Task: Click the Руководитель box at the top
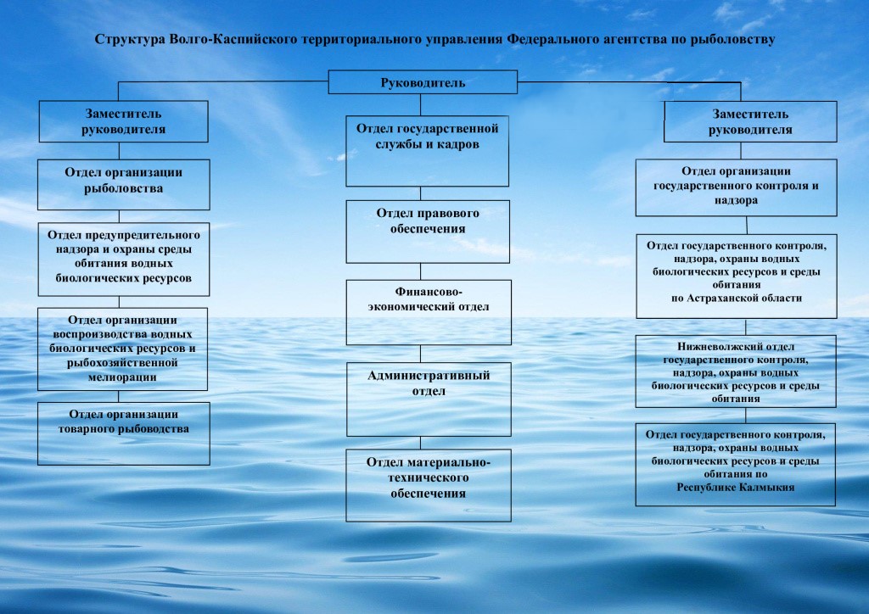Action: tap(423, 82)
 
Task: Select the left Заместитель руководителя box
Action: tap(123, 121)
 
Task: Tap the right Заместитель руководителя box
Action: tap(750, 121)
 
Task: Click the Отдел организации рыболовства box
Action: tap(123, 184)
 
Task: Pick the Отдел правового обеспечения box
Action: tap(428, 231)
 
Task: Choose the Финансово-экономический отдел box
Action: tap(428, 311)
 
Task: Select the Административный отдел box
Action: tap(428, 399)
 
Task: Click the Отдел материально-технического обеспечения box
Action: tap(428, 485)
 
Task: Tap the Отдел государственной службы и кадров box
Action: tap(428, 151)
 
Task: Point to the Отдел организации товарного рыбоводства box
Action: tap(123, 433)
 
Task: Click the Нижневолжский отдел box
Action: tap(735, 371)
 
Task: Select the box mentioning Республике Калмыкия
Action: tap(735, 464)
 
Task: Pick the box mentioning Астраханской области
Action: tap(735, 276)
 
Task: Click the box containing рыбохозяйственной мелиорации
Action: tap(122, 349)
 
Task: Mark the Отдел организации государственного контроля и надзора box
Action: tap(736, 186)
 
